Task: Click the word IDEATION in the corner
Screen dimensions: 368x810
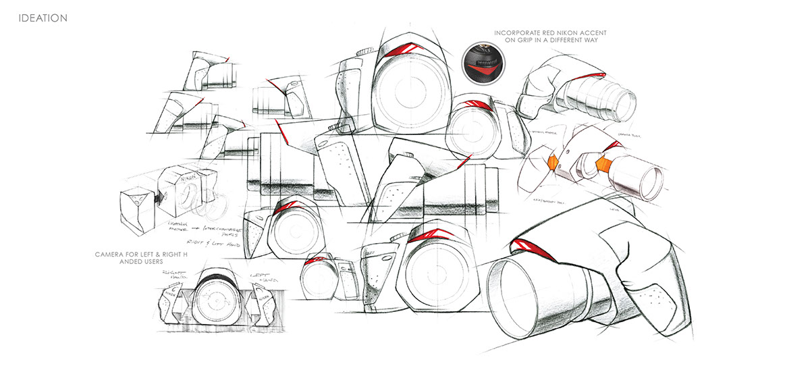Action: click(x=43, y=18)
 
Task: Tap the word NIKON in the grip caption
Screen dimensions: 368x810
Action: click(x=559, y=32)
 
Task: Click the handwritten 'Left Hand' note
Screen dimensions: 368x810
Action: click(x=259, y=278)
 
